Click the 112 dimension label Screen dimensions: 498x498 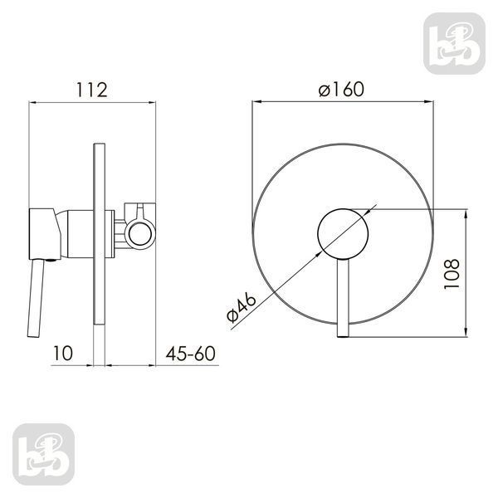coord(92,90)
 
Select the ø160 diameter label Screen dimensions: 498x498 coord(341,90)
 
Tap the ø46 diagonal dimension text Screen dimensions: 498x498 coord(242,307)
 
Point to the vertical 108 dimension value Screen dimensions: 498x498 coord(452,274)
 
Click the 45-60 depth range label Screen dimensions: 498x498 coord(191,354)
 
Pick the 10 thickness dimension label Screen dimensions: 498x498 coord(63,354)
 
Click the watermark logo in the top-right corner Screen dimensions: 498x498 coord(454,43)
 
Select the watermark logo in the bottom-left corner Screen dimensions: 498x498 coord(43,454)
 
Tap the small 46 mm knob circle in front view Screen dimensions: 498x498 coord(343,234)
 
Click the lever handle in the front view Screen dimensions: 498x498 coord(343,298)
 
